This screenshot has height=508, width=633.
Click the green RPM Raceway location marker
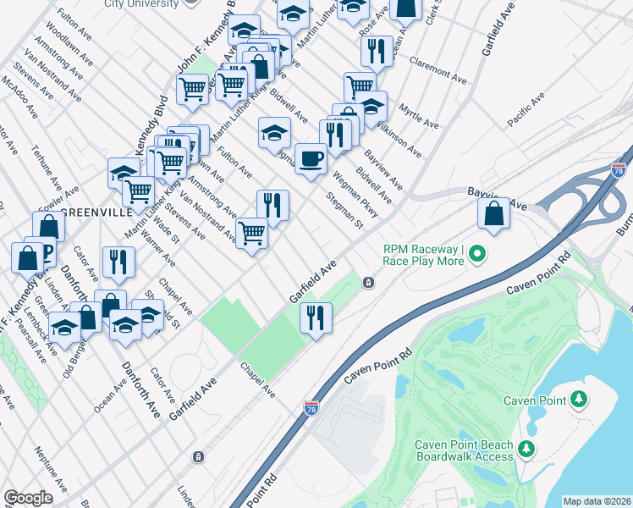click(477, 253)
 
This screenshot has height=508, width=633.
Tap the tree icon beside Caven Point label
click(579, 398)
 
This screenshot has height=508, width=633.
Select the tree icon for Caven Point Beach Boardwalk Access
click(526, 448)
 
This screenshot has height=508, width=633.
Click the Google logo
click(28, 498)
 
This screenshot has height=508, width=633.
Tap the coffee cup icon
click(311, 157)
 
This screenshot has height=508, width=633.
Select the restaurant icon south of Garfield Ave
click(316, 317)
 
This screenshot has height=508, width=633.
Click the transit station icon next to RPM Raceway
click(368, 282)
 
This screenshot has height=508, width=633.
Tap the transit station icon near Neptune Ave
click(198, 457)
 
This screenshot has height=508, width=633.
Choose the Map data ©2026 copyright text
click(597, 501)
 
